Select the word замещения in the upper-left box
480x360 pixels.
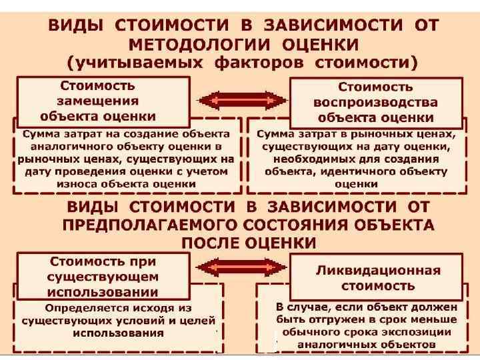tap(98, 101)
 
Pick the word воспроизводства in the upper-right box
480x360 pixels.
tap(375, 103)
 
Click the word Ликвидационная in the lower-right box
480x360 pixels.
tap(377, 270)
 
